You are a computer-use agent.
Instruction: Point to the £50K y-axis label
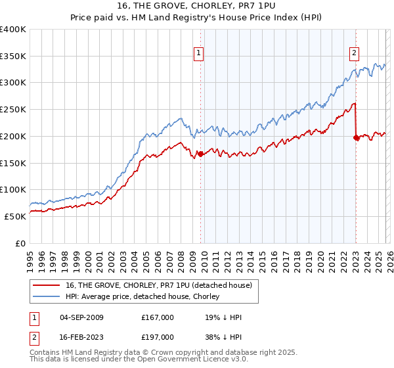(15, 216)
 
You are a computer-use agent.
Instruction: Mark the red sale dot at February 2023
(356, 137)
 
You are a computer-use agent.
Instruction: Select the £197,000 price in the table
(157, 336)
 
